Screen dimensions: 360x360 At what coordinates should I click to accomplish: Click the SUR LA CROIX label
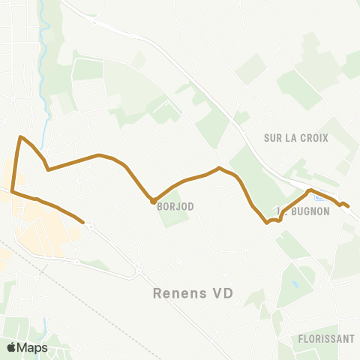coord(296,138)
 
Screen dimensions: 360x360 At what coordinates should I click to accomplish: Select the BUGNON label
coord(308,211)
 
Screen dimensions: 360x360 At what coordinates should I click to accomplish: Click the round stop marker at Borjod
coord(153,201)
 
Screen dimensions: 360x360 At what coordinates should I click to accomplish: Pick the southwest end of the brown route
coord(82,222)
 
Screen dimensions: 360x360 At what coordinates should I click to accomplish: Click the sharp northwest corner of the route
coord(21,137)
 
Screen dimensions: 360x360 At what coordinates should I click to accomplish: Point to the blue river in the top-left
coord(46,45)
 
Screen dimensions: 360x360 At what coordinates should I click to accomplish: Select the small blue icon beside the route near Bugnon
coord(319,199)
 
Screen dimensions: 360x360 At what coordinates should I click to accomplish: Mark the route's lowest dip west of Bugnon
coord(266,221)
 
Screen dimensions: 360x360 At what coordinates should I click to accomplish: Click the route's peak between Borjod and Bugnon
coord(218,168)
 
